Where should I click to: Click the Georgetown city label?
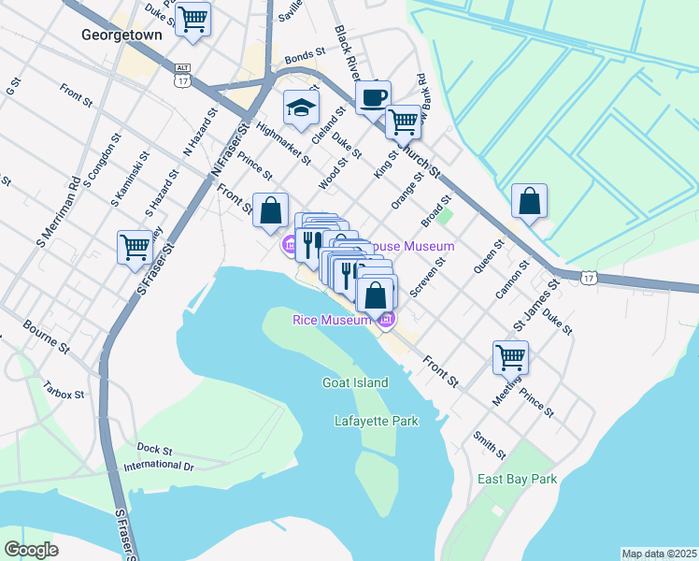coord(121,35)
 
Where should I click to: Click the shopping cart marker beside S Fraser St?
coord(135,247)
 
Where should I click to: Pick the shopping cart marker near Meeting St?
coord(510,356)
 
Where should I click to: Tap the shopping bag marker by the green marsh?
coord(529,201)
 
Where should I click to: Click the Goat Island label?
coord(354,382)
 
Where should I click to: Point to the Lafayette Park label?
coord(376,422)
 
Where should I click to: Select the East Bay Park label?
coord(517,479)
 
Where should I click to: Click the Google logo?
coord(32,550)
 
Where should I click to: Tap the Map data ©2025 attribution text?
coord(658,554)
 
